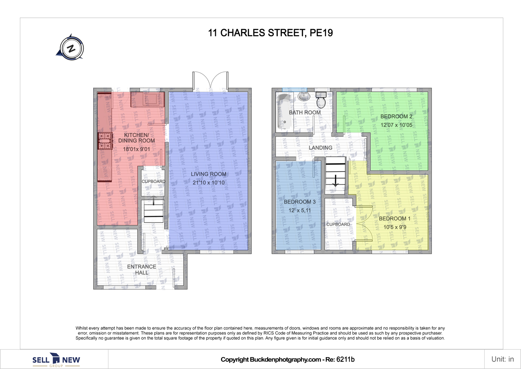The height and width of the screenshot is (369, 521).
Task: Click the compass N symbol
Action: pyautogui.click(x=71, y=48)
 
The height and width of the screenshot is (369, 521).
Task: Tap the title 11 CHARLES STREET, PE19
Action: pyautogui.click(x=270, y=33)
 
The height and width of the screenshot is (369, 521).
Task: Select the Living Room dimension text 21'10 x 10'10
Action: pyautogui.click(x=209, y=183)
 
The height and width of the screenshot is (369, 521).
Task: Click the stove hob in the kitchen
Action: pyautogui.click(x=105, y=141)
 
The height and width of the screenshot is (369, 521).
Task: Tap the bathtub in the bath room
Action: pyautogui.click(x=282, y=111)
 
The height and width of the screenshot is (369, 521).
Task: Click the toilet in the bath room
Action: pyautogui.click(x=321, y=100)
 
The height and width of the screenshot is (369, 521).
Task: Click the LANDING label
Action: pyautogui.click(x=321, y=148)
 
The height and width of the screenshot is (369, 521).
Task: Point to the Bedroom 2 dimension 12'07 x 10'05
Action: pyautogui.click(x=396, y=125)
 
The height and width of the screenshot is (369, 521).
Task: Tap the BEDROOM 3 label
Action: pyautogui.click(x=300, y=202)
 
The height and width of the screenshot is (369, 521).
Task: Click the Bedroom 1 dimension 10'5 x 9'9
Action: pyautogui.click(x=395, y=227)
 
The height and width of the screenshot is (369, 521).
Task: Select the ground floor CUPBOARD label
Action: pyautogui.click(x=154, y=182)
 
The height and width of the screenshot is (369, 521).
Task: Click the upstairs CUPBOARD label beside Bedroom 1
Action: pyautogui.click(x=338, y=224)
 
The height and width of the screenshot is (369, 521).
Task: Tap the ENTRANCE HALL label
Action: pyautogui.click(x=141, y=269)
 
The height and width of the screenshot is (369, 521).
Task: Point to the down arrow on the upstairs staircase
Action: pyautogui.click(x=335, y=180)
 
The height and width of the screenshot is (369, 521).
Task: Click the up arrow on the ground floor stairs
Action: pyautogui.click(x=153, y=200)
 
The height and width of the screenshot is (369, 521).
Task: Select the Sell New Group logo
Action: pyautogui.click(x=56, y=360)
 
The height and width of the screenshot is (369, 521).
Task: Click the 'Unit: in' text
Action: pyautogui.click(x=503, y=359)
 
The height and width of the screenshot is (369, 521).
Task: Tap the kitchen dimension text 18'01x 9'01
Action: pyautogui.click(x=137, y=149)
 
